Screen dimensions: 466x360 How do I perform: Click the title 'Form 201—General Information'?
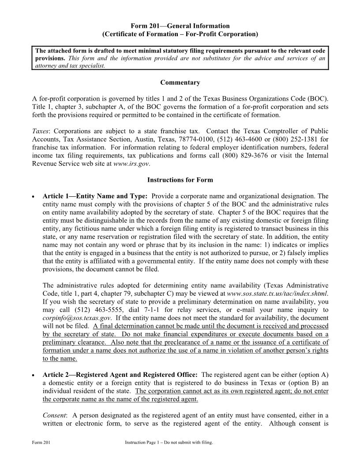click(x=180, y=26)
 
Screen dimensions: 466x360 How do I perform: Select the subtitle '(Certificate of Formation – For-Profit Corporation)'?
click(x=180, y=34)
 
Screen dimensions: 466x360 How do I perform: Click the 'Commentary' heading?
click(x=180, y=83)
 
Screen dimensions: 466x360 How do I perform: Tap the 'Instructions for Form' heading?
click(x=180, y=180)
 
